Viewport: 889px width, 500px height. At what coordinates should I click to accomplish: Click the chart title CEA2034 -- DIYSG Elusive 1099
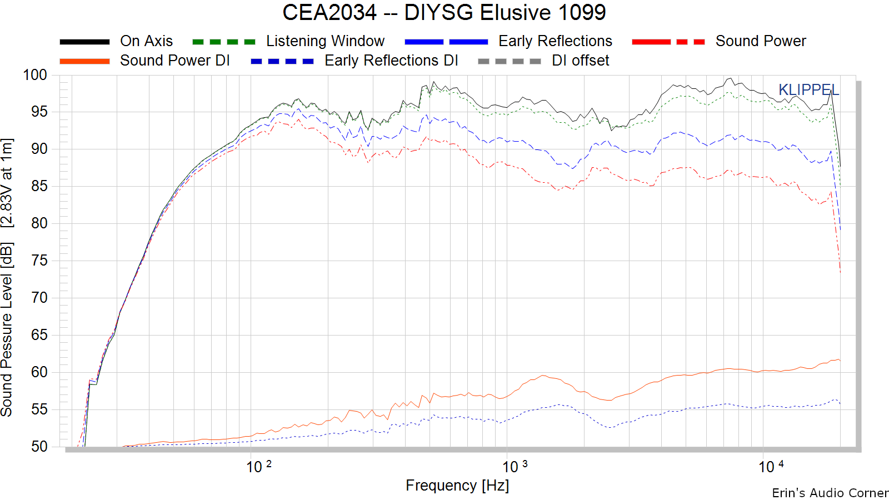pyautogui.click(x=444, y=12)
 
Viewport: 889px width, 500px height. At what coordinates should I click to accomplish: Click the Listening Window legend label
pyautogui.click(x=325, y=41)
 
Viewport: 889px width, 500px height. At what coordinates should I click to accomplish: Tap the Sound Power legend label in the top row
pyautogui.click(x=761, y=41)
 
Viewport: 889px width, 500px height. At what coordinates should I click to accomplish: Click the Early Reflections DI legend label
pyautogui.click(x=391, y=61)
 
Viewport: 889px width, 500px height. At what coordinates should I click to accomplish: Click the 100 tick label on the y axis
pyautogui.click(x=35, y=74)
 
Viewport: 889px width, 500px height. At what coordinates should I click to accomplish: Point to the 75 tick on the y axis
pyautogui.click(x=39, y=261)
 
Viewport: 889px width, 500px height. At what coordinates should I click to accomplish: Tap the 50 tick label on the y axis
pyautogui.click(x=39, y=447)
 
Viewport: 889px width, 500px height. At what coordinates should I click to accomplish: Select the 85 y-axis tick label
pyautogui.click(x=39, y=186)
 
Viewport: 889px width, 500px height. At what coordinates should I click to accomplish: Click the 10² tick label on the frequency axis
pyautogui.click(x=259, y=467)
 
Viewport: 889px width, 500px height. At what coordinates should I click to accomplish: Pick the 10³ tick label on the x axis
pyautogui.click(x=515, y=467)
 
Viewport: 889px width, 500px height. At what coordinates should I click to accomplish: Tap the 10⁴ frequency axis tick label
pyautogui.click(x=771, y=467)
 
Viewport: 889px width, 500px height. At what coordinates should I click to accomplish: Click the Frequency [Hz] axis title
pyautogui.click(x=457, y=486)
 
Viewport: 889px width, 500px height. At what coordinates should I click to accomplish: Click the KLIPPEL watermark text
pyautogui.click(x=809, y=90)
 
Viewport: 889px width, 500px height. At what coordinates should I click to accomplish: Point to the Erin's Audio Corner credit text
pyautogui.click(x=830, y=493)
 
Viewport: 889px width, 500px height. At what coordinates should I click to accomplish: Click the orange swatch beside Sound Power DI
pyautogui.click(x=84, y=61)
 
